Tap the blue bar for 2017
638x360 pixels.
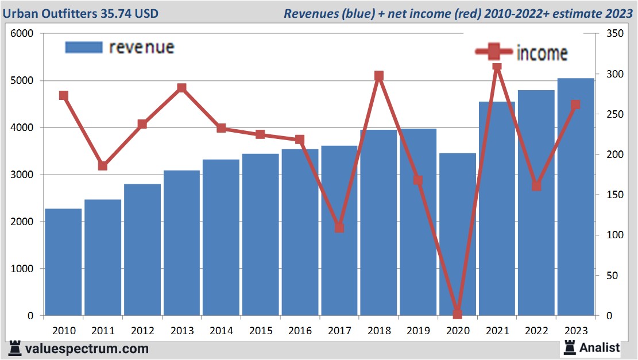339,241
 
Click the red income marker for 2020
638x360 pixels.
457,314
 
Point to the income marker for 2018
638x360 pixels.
378,76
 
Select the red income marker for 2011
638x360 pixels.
103,166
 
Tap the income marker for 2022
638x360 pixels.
536,186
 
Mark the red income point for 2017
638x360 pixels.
339,227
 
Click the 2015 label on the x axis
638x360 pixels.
260,331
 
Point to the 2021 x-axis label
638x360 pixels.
497,331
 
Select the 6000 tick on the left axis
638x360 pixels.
22,34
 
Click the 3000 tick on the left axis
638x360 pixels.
22,175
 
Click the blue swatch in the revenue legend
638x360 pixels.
83,47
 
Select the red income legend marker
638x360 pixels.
493,52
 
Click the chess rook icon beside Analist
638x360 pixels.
570,347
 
